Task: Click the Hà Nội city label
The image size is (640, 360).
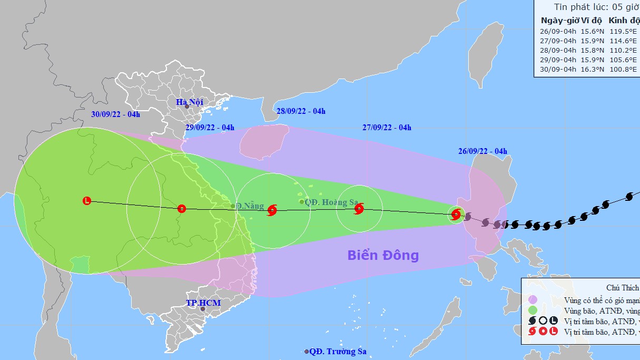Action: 190,102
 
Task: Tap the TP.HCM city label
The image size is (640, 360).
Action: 203,303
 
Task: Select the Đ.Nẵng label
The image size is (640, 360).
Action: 250,206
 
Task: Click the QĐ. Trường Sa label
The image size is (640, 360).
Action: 337,352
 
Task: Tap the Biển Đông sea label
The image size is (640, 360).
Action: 383,256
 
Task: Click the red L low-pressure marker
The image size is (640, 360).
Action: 87,200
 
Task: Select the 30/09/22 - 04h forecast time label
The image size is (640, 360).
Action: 115,114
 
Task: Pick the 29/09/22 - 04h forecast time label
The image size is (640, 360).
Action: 210,127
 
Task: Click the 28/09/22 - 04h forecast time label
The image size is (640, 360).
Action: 301,111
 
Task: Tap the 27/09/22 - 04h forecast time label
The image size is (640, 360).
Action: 387,127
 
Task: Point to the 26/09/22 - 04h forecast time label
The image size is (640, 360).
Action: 483,152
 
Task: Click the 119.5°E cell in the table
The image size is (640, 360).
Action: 622,31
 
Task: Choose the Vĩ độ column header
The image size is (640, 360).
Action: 590,20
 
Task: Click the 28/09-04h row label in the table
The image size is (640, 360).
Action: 558,50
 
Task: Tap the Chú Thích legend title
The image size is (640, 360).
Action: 622,288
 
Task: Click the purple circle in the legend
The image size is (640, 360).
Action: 533,299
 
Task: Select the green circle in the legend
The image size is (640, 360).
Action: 533,310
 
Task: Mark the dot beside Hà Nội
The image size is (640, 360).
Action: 186,106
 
